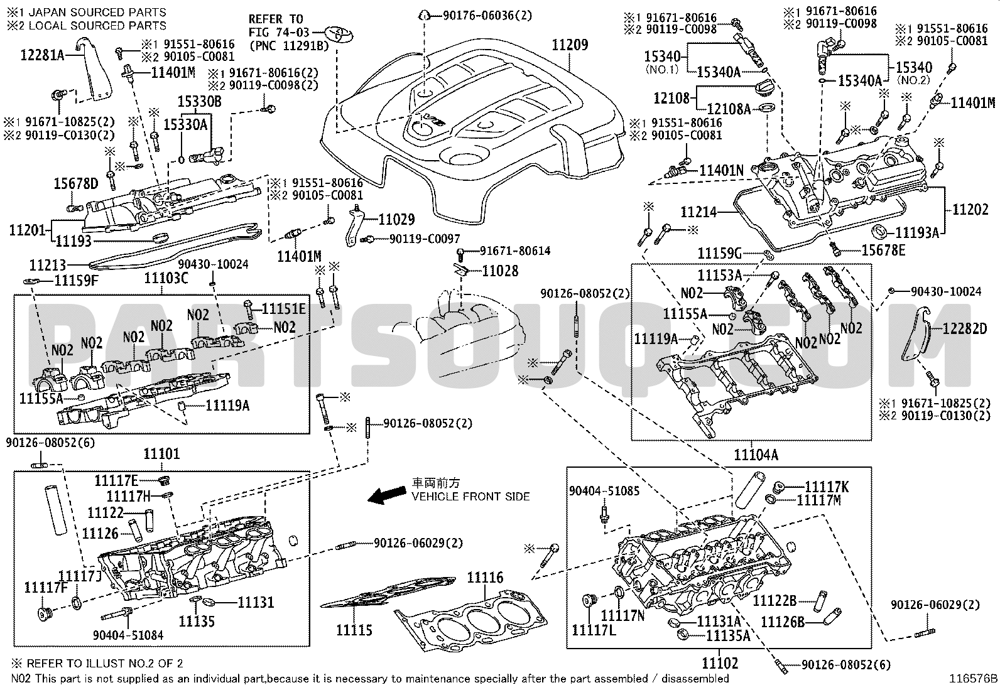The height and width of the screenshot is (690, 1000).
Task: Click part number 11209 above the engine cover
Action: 570,45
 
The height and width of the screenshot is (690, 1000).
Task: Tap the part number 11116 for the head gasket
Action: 485,578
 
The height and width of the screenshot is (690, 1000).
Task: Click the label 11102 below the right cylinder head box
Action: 719,662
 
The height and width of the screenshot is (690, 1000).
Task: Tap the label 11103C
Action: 166,278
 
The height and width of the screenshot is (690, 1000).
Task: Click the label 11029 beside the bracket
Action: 396,219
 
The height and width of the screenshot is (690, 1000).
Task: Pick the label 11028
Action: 501,271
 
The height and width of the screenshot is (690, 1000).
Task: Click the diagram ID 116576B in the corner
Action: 974,678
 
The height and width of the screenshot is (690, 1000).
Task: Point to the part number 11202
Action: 970,210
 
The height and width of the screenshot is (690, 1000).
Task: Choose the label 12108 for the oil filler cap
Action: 671,98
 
